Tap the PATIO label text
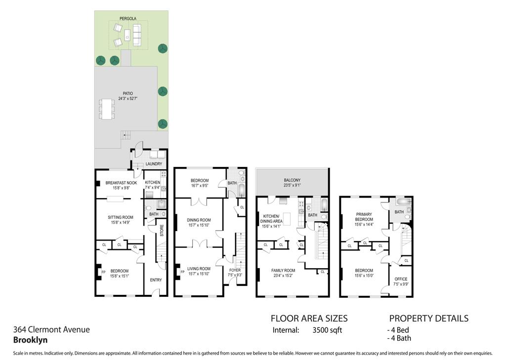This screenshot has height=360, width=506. click(x=128, y=93)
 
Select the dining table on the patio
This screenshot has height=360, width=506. click(x=107, y=109)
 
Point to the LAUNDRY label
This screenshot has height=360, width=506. click(x=154, y=163)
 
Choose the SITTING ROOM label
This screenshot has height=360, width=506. click(x=121, y=217)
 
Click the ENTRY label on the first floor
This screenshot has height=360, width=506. click(x=156, y=280)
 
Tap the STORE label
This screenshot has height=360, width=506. click(x=162, y=231)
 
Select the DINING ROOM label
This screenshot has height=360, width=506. click(x=199, y=220)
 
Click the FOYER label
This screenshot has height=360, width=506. click(x=235, y=270)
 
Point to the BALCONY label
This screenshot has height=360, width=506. click(x=292, y=180)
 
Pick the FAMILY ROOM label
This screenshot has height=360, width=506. click(x=283, y=270)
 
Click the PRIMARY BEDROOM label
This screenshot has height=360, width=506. click(x=364, y=216)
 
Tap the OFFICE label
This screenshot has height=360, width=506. click(x=401, y=279)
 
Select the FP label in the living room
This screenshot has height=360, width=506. click(x=182, y=272)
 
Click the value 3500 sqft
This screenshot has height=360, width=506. click(x=328, y=330)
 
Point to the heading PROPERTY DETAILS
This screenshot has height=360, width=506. click(x=428, y=319)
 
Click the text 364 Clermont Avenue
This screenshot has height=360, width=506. click(x=51, y=329)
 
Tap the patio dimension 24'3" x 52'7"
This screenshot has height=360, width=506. click(x=128, y=98)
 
